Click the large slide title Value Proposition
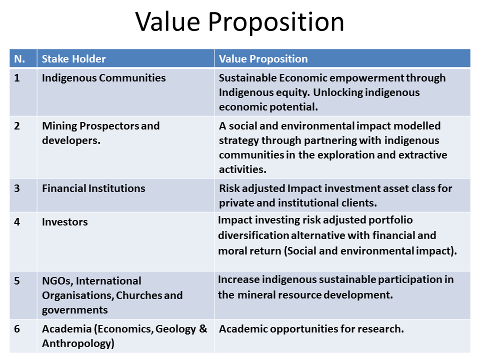pyautogui.click(x=239, y=22)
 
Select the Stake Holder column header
pyautogui.click(x=74, y=58)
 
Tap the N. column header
pyautogui.click(x=19, y=58)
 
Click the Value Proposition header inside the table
pyautogui.click(x=263, y=58)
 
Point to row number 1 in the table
pyautogui.click(x=17, y=78)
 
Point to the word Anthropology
pyautogui.click(x=78, y=343)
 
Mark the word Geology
pyautogui.click(x=175, y=329)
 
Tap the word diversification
pyautogui.click(x=253, y=235)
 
